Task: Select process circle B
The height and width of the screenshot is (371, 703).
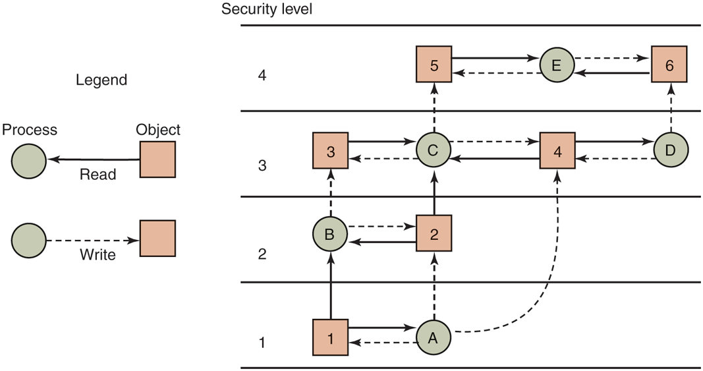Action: pyautogui.click(x=330, y=234)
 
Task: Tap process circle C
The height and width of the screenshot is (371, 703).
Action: pyautogui.click(x=433, y=150)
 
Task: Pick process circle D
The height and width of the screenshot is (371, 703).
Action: pyautogui.click(x=671, y=150)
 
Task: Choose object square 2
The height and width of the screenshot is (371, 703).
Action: pyautogui.click(x=433, y=234)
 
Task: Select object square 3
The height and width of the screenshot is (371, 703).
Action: pyautogui.click(x=330, y=150)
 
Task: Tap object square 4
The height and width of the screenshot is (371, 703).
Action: pyautogui.click(x=557, y=150)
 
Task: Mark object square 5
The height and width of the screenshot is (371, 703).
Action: pyautogui.click(x=433, y=64)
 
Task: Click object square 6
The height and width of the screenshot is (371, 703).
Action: pyautogui.click(x=669, y=64)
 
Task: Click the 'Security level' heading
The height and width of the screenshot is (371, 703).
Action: pyautogui.click(x=266, y=9)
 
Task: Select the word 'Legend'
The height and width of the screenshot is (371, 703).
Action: pyautogui.click(x=101, y=80)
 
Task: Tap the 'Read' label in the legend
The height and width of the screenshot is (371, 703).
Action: pyautogui.click(x=97, y=175)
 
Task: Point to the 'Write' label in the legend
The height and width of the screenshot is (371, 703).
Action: pyautogui.click(x=97, y=254)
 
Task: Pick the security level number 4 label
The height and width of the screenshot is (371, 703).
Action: pyautogui.click(x=262, y=76)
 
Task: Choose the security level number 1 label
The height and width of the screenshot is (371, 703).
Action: pyautogui.click(x=262, y=343)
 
